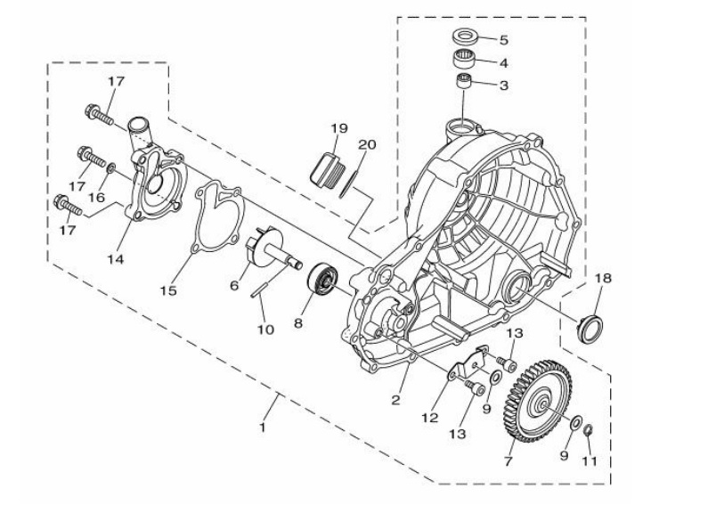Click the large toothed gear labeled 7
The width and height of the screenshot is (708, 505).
coord(537,401)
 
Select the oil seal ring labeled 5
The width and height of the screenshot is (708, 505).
coord(466,37)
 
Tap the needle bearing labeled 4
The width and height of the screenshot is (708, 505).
coord(466,59)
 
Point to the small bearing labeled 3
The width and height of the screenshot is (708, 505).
coord(464,82)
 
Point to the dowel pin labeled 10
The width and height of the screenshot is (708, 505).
coord(260,290)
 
